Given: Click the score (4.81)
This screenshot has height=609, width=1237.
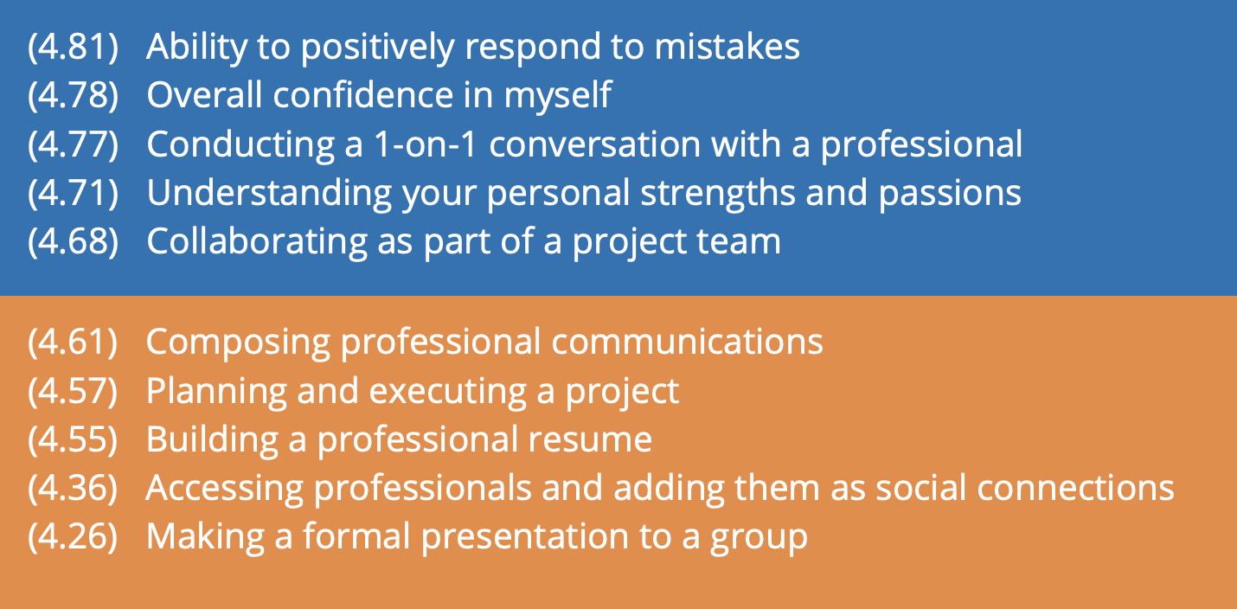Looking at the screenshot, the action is (73, 47).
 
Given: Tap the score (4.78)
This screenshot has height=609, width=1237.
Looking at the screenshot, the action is (73, 95).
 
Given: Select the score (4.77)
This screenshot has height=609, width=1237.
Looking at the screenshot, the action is (73, 144).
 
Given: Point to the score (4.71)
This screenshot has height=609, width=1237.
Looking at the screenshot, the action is (73, 193).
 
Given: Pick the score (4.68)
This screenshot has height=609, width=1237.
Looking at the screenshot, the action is (73, 242).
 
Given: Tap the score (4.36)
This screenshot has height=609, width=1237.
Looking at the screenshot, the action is (73, 489).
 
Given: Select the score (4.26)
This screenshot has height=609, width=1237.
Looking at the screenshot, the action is (73, 537).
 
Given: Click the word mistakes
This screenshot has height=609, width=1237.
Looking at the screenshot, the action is (727, 47).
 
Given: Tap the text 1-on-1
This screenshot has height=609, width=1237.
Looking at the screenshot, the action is (425, 144).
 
